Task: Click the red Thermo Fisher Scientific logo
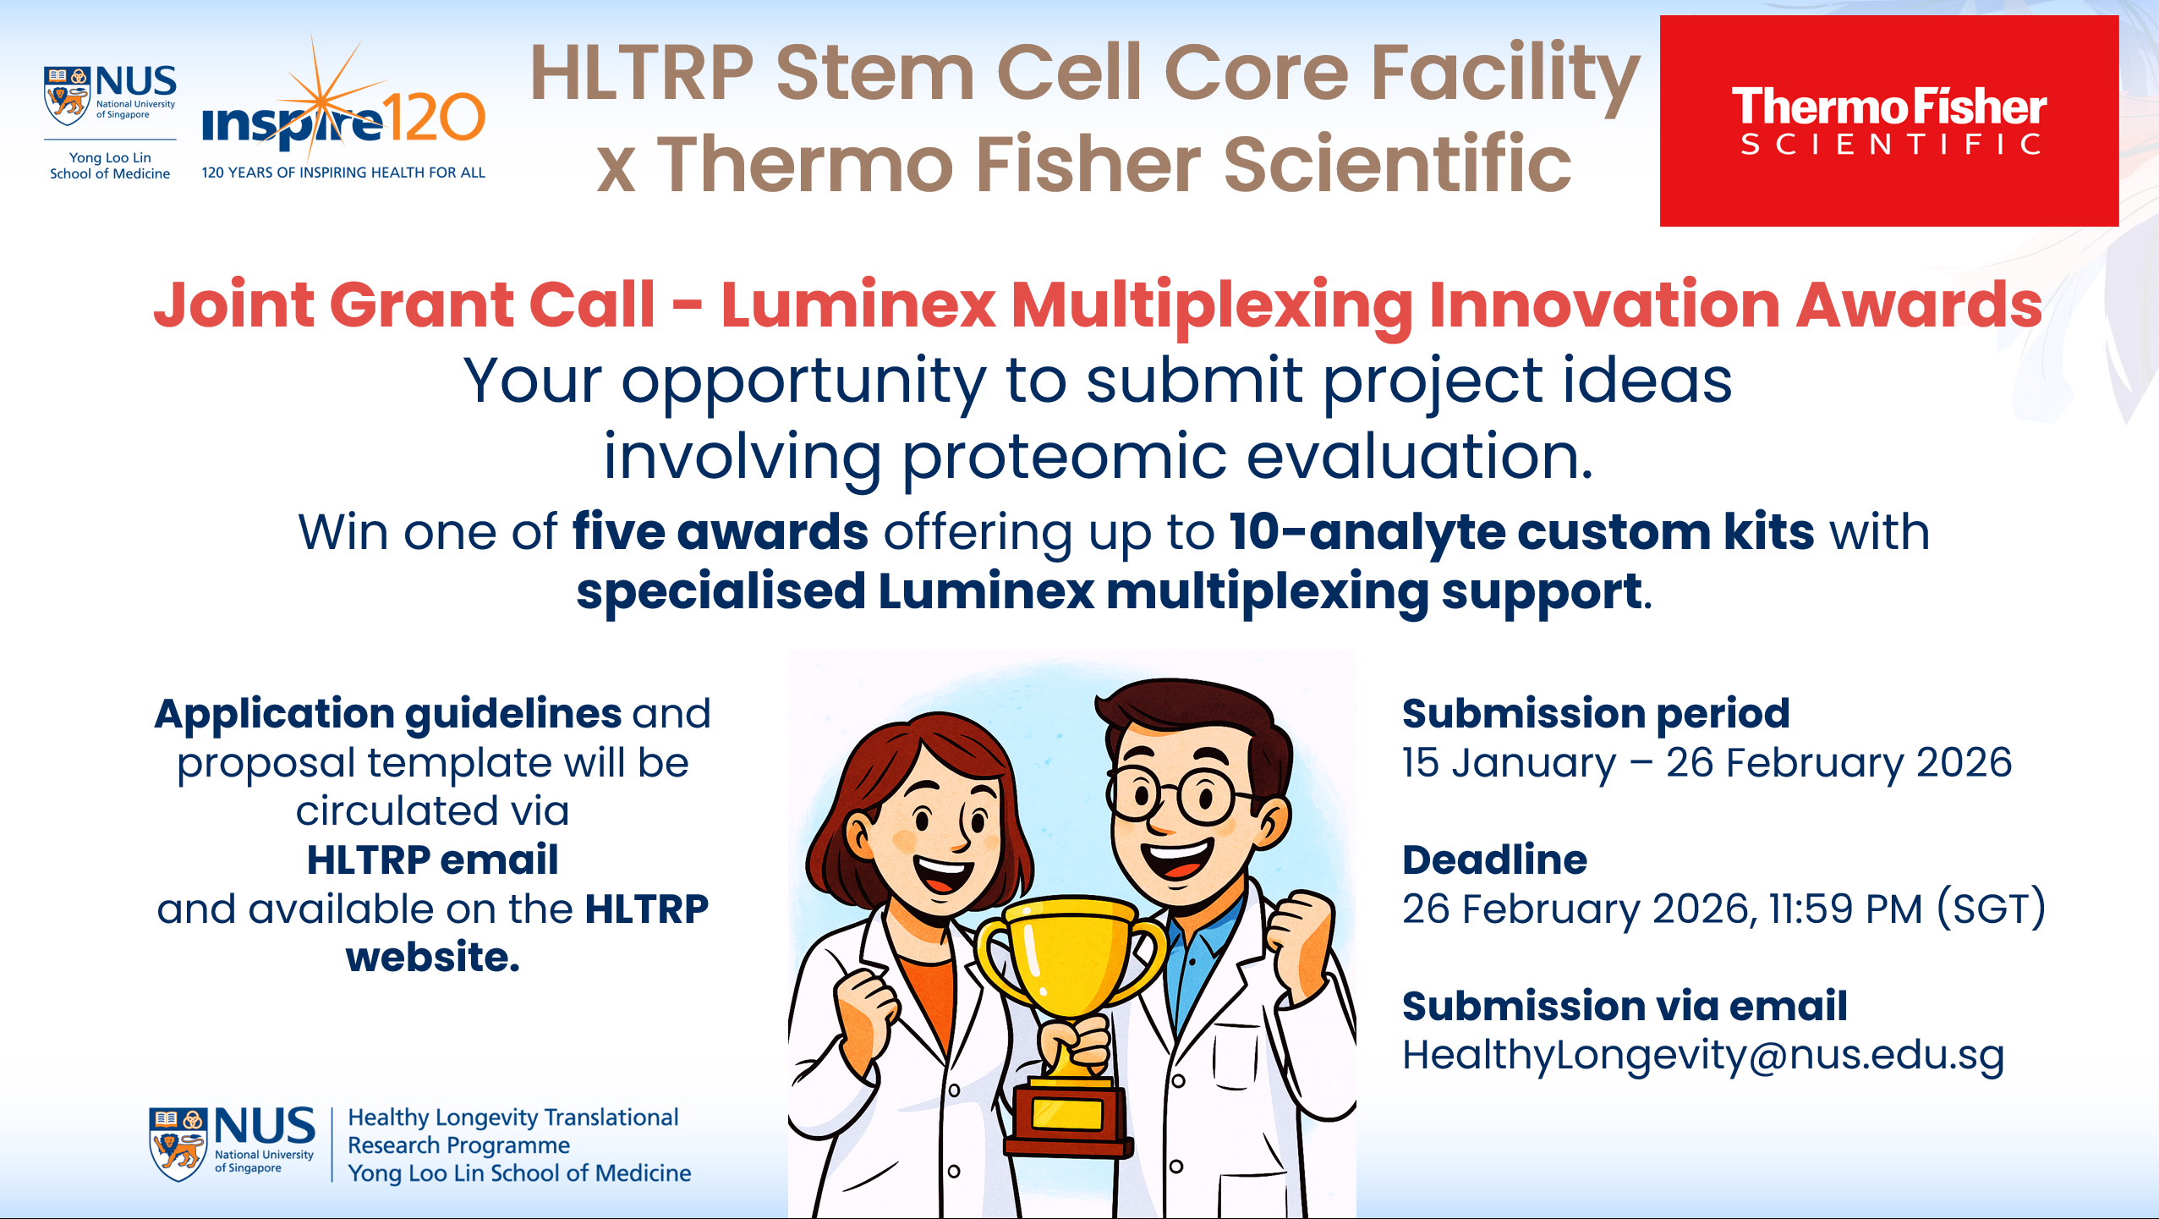[x=1888, y=121]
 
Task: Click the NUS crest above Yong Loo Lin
[x=67, y=96]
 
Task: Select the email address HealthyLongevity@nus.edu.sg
[x=1703, y=1056]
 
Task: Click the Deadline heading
[x=1494, y=859]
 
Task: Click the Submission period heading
[x=1596, y=714]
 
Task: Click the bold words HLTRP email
[x=432, y=859]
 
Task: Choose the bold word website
[x=432, y=958]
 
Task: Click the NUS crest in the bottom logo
[x=178, y=1144]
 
